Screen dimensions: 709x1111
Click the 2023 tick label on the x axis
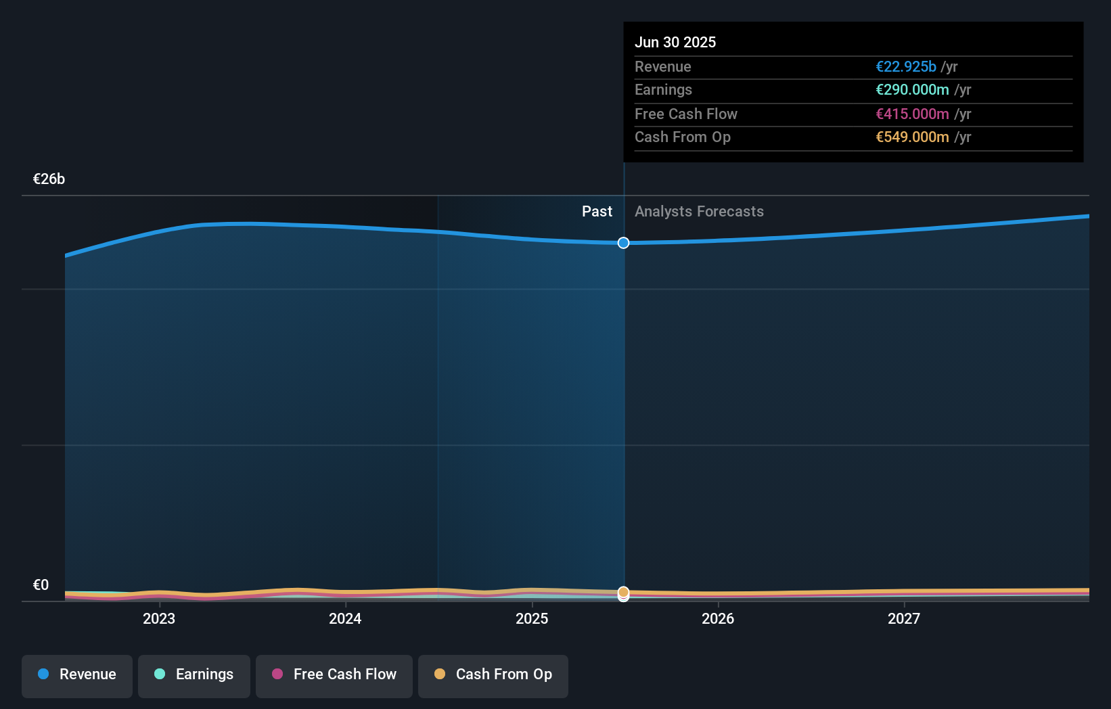pos(159,618)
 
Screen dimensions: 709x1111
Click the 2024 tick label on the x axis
pos(345,618)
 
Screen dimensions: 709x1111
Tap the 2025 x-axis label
pos(532,618)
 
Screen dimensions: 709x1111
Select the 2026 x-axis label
pos(718,618)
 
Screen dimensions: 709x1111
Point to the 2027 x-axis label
pos(904,618)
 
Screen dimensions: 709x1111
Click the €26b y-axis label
pos(49,179)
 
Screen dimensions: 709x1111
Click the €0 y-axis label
pos(41,585)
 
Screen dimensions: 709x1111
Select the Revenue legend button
pos(77,674)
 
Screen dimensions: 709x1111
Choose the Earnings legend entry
pos(194,674)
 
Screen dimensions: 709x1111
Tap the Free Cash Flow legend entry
pos(334,674)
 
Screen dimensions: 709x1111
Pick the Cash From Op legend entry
pos(493,674)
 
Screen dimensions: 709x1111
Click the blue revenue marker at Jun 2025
pos(623,243)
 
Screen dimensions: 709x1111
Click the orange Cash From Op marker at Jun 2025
pos(623,592)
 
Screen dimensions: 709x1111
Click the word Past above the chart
pos(597,212)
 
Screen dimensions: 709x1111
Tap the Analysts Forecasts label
pos(699,212)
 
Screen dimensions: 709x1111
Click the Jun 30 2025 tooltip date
pos(675,42)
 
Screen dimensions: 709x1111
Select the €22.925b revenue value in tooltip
pos(906,66)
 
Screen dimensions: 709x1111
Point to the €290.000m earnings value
pos(912,90)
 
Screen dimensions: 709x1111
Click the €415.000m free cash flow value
pos(912,114)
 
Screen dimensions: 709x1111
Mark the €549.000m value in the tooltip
pos(912,137)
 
